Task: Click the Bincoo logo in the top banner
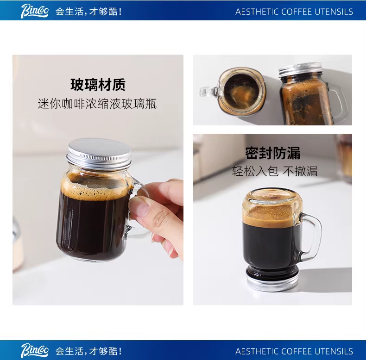coord(35,11)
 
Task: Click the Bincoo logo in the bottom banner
coord(35,350)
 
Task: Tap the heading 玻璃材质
coord(98,85)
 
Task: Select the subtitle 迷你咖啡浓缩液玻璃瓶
coord(97,104)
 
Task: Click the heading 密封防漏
coord(272,153)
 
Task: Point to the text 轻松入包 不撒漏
coord(275,171)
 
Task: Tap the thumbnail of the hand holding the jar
coord(98,180)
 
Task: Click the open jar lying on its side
coord(233,92)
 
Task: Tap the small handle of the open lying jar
coord(209,92)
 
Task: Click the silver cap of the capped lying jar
coord(301,69)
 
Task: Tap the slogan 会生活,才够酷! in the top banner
coord(88,12)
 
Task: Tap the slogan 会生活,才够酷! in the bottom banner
coord(88,351)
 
